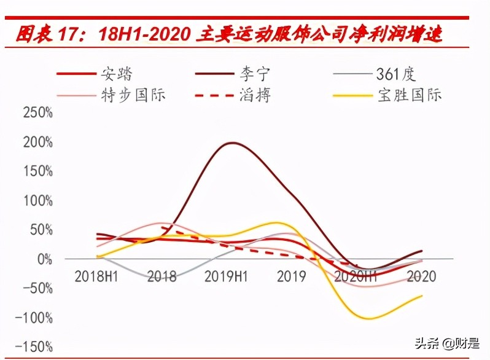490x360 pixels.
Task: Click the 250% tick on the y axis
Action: [x=37, y=114]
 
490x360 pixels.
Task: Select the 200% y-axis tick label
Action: [x=37, y=143]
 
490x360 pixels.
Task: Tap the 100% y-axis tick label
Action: [x=37, y=201]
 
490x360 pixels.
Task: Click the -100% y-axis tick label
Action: [x=34, y=318]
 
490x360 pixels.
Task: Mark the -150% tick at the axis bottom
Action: [x=34, y=347]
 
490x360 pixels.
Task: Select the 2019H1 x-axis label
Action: [x=227, y=276]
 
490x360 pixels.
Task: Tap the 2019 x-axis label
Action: [x=291, y=276]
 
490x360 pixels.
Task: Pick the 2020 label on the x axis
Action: [x=421, y=276]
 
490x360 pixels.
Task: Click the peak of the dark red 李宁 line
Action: [x=233, y=143]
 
